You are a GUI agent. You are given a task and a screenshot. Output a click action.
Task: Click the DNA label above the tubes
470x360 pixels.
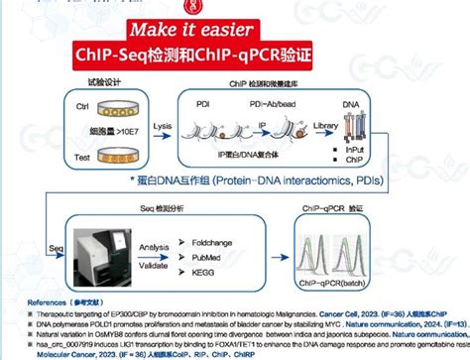(x=381, y=103)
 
